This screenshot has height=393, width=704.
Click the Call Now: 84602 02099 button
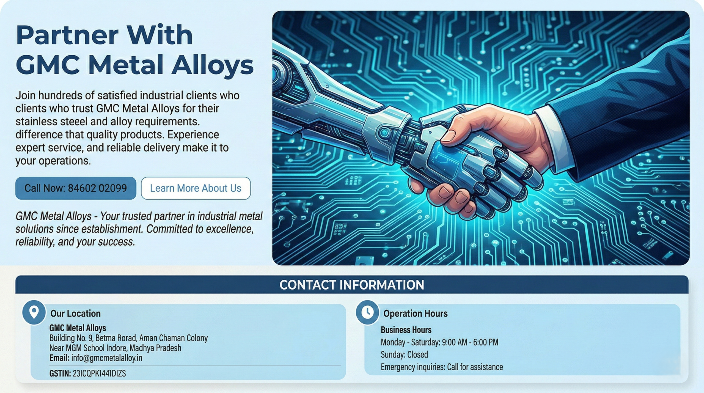pyautogui.click(x=76, y=188)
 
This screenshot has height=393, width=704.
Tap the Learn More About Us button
pyautogui.click(x=196, y=188)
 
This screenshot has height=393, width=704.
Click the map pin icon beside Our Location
pyautogui.click(x=34, y=313)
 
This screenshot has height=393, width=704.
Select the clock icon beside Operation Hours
pyautogui.click(x=367, y=312)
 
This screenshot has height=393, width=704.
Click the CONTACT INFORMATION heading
pyautogui.click(x=352, y=285)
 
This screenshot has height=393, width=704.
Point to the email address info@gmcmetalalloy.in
pyautogui.click(x=107, y=358)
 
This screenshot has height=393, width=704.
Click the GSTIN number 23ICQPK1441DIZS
pyautogui.click(x=99, y=373)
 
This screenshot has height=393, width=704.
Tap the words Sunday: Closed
pyautogui.click(x=404, y=354)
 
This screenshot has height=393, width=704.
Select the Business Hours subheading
pyautogui.click(x=406, y=330)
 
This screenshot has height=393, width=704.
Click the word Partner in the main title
pyautogui.click(x=67, y=35)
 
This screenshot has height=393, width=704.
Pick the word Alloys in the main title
pyautogui.click(x=212, y=66)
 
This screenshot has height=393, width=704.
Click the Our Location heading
pyautogui.click(x=75, y=314)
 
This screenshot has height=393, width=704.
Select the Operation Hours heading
pyautogui.click(x=415, y=314)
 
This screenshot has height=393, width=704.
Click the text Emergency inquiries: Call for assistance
pyautogui.click(x=442, y=367)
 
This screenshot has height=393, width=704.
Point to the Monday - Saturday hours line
pyautogui.click(x=439, y=342)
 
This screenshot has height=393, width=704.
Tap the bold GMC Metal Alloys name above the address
pyautogui.click(x=78, y=328)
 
